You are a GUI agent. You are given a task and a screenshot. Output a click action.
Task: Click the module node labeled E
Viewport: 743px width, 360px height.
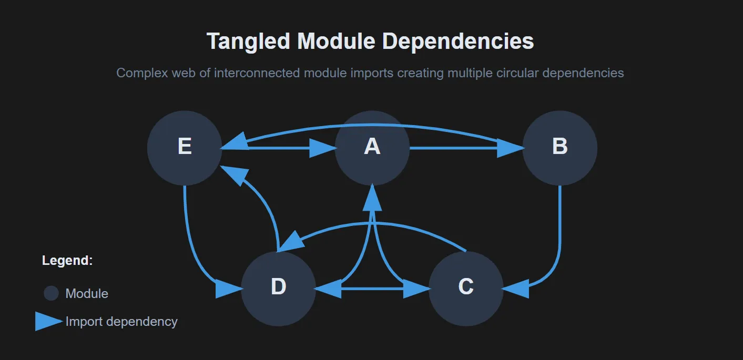point(184,148)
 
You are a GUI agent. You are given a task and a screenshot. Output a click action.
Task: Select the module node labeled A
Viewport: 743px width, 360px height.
point(372,148)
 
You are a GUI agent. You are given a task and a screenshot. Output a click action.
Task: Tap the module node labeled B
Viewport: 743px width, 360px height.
point(559,148)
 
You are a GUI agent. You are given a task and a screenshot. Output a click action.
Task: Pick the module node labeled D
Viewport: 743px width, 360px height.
point(278,288)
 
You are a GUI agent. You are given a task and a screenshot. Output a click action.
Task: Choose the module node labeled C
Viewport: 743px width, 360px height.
point(466,288)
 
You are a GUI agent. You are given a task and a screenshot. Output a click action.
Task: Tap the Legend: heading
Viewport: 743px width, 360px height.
point(67,261)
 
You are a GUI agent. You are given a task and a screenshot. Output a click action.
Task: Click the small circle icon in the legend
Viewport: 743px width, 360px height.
point(51,293)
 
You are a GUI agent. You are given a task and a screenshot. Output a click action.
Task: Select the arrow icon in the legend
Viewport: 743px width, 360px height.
point(48,321)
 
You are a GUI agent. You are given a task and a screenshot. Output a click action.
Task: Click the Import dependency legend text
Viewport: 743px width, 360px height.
point(121,321)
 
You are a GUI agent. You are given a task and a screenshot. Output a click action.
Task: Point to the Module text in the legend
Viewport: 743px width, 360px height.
point(87,293)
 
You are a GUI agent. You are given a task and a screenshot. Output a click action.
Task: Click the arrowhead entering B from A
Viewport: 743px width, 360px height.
point(510,148)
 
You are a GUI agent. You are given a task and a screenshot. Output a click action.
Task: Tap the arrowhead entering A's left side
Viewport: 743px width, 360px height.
point(323,148)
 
